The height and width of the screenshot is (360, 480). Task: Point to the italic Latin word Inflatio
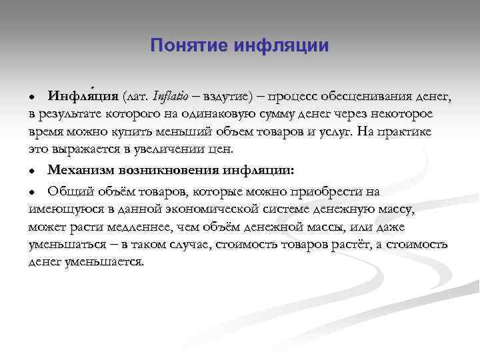click(x=171, y=97)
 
